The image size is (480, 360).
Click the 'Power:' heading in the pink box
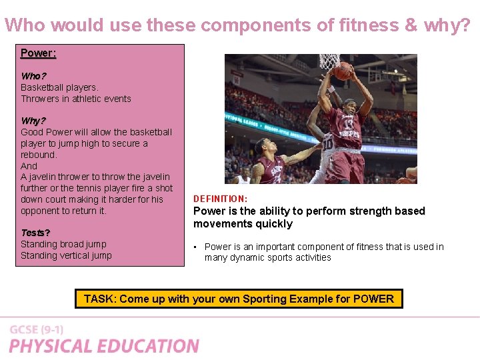[38, 53]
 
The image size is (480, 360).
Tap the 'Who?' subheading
[33, 76]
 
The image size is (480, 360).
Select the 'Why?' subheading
[33, 121]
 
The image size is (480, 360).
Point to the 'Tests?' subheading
[35, 233]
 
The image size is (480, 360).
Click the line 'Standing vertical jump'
[66, 255]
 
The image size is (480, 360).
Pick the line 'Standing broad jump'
[63, 244]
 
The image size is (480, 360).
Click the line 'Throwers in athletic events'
[76, 99]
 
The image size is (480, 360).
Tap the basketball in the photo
[343, 71]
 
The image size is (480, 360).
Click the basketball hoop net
[329, 62]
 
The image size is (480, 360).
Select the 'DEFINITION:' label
[220, 199]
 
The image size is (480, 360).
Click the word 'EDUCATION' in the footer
[150, 346]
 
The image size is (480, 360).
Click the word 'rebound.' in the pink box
[39, 155]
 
